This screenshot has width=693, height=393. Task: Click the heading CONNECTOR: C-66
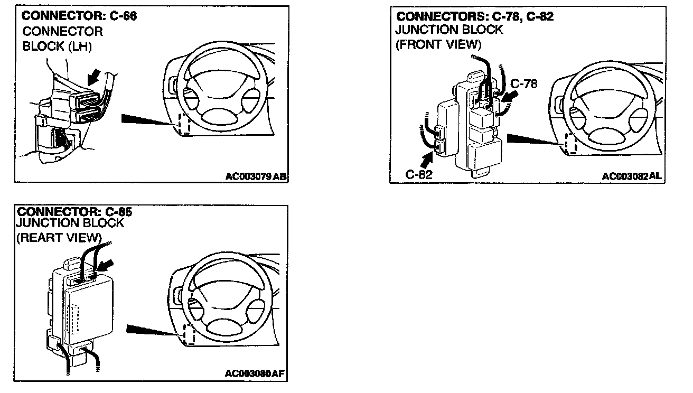(79, 16)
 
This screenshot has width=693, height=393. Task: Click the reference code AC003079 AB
(256, 177)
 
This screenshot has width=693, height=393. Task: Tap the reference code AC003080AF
(255, 374)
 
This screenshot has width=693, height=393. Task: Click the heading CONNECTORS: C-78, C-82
(475, 16)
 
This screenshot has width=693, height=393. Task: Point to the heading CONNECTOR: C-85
(74, 212)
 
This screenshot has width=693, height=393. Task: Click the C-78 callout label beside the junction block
(524, 83)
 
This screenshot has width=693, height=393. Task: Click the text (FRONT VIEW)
(438, 44)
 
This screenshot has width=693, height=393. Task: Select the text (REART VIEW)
(59, 237)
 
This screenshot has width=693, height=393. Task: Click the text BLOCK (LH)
(57, 46)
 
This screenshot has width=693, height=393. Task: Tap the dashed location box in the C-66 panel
(184, 125)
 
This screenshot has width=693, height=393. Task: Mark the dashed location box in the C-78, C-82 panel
(570, 143)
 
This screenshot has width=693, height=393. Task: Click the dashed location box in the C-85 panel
(188, 335)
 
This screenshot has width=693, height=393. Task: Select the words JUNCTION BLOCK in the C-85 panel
(70, 223)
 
